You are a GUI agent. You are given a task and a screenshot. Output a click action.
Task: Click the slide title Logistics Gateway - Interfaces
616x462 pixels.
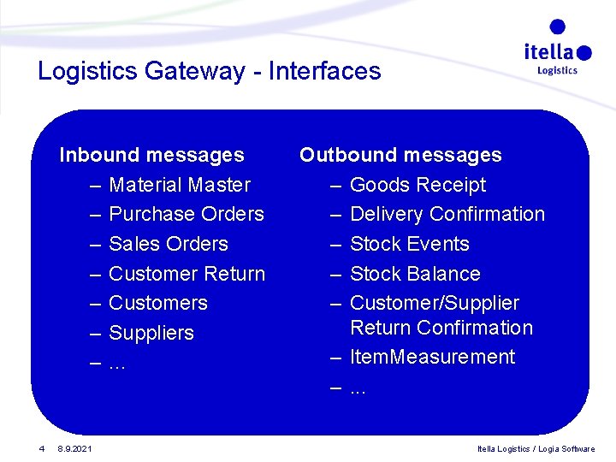[209, 71]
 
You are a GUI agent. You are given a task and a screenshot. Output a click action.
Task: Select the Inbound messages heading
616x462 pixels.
[151, 155]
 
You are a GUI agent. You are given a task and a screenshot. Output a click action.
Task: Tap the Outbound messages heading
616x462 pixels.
[400, 155]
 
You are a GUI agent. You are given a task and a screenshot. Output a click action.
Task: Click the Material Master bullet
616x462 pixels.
[180, 185]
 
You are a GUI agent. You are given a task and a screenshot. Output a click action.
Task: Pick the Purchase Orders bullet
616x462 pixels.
[187, 214]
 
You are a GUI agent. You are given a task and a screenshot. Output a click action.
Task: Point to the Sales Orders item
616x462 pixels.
[169, 244]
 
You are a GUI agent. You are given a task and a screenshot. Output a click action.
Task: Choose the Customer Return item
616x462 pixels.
[187, 274]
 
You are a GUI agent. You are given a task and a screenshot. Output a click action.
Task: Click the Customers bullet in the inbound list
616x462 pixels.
[158, 303]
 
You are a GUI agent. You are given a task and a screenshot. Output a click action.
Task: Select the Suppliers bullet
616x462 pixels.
[151, 333]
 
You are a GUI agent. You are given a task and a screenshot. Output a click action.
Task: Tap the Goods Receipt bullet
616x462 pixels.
[418, 185]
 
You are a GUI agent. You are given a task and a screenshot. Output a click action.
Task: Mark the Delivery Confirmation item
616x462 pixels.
[447, 214]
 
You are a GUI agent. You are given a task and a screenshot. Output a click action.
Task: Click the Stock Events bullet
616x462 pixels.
[410, 244]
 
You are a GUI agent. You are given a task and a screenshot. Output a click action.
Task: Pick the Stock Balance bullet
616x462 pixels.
[415, 274]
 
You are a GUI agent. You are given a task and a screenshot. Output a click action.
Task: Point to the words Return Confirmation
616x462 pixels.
[441, 328]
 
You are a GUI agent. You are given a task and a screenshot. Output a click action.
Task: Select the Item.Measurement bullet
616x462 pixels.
[432, 357]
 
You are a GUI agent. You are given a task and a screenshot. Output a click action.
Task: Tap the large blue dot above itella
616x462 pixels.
[557, 27]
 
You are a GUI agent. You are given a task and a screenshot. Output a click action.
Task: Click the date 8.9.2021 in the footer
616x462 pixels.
[75, 448]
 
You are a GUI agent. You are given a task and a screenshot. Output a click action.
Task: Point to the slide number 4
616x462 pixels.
[40, 448]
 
